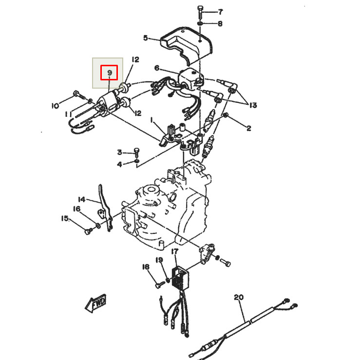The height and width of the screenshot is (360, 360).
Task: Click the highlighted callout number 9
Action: pos(109,73)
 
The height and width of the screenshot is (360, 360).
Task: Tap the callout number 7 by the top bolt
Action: pos(220,11)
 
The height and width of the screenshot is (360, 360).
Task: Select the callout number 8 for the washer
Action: pos(220,23)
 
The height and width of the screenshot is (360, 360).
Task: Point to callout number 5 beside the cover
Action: pos(145,38)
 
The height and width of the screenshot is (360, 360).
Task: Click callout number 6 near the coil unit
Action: pos(157,68)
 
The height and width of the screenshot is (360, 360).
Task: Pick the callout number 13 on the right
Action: pos(252,105)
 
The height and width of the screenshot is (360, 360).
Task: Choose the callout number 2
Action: pos(248,128)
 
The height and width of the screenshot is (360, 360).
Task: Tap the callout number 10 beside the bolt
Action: pos(55,105)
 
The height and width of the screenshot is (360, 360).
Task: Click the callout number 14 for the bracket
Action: pos(82,199)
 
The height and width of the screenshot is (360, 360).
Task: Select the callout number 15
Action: pos(65,219)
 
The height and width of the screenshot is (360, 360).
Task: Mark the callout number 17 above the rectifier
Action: pos(175,251)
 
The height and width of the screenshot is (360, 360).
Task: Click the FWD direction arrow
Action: pos(96,303)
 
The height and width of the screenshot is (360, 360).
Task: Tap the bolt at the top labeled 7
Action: pos(201,10)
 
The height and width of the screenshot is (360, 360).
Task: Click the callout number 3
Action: pos(119,152)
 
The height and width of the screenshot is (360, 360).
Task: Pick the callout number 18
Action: pos(145,266)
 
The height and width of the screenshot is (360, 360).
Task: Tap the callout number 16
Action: pos(76,208)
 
